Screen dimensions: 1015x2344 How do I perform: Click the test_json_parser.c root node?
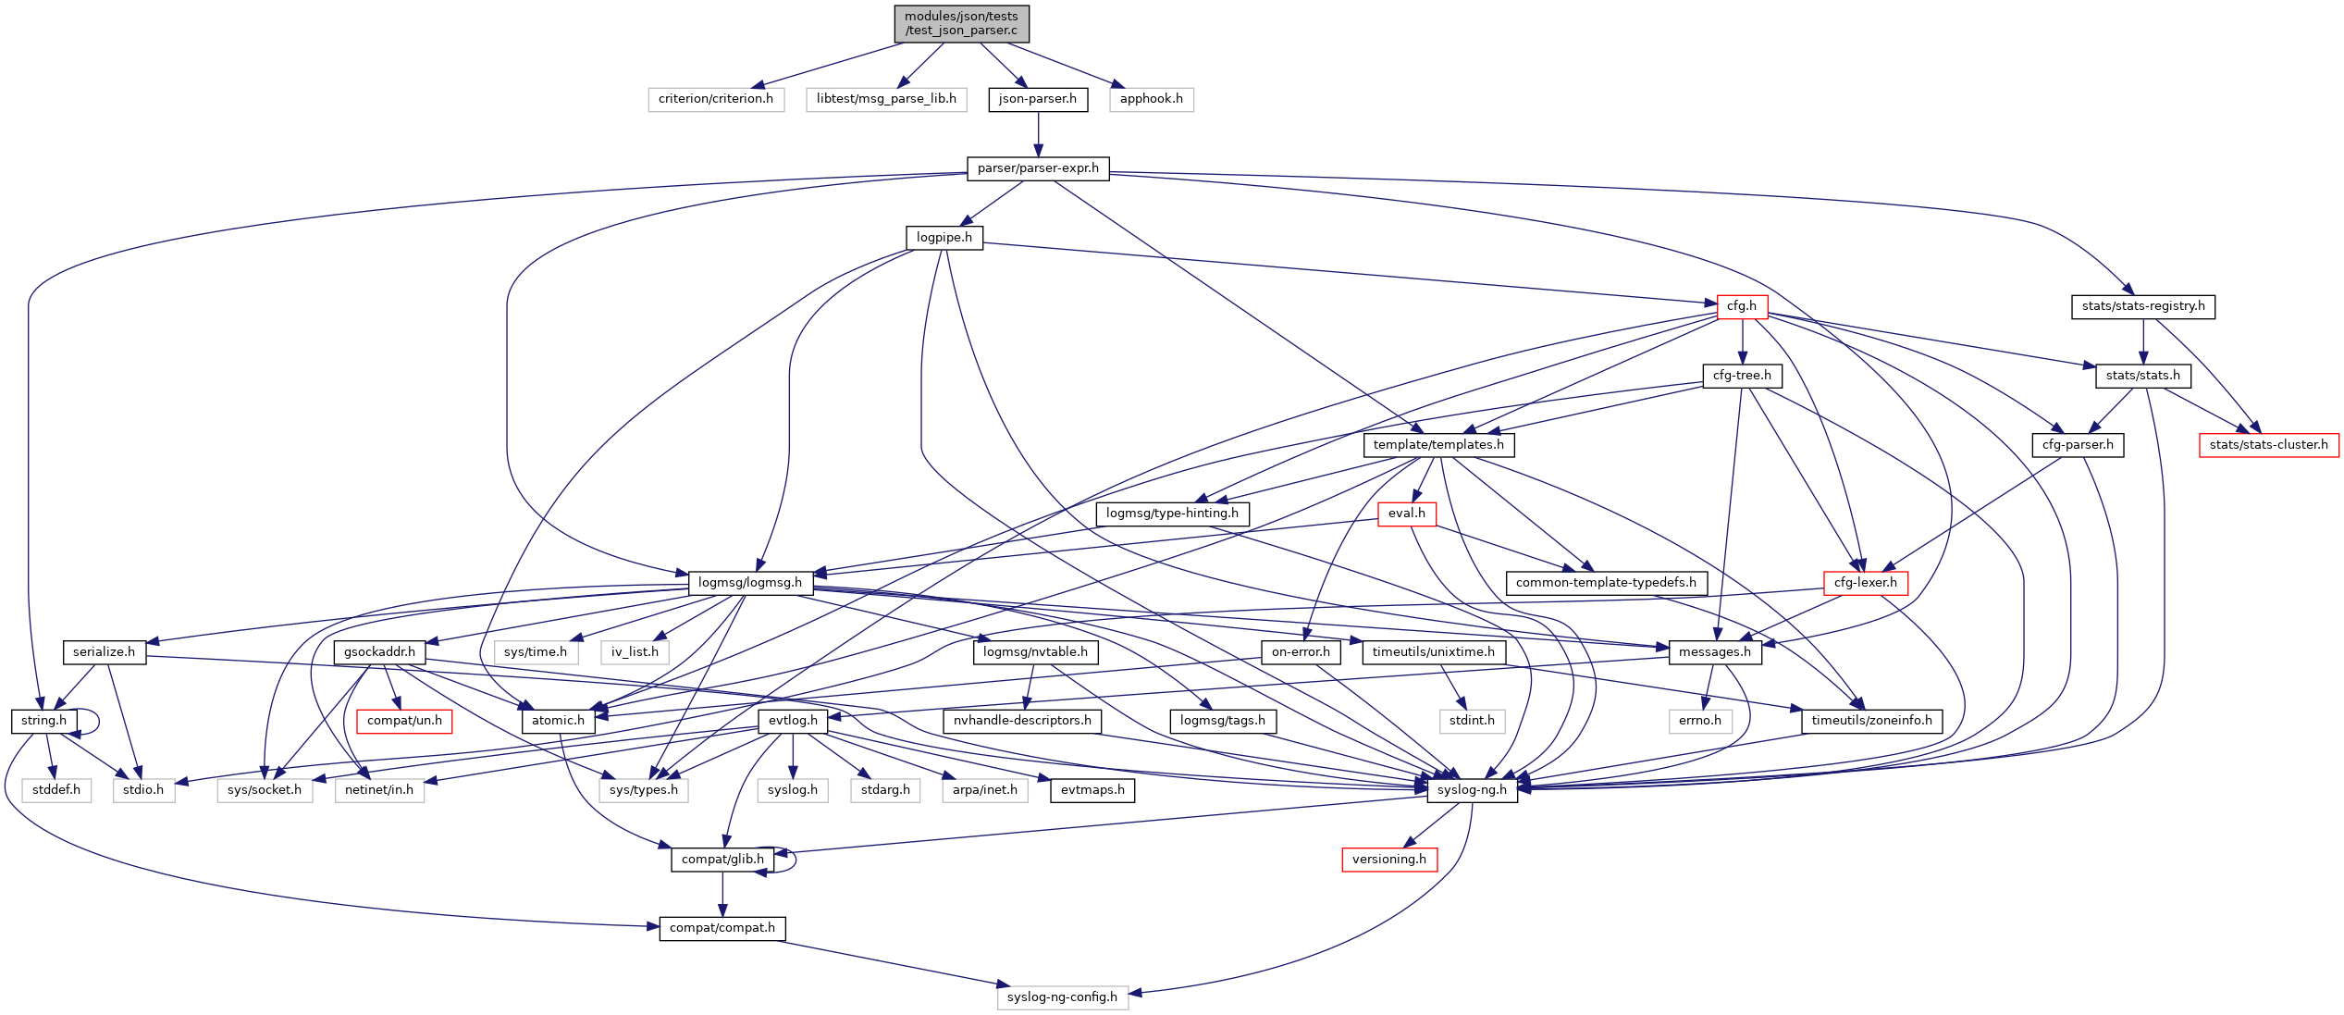pyautogui.click(x=961, y=23)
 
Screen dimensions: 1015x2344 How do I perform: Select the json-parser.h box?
pyautogui.click(x=1037, y=99)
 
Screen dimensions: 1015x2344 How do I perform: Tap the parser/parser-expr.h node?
pyautogui.click(x=1038, y=168)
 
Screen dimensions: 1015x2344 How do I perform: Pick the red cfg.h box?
pyautogui.click(x=1741, y=306)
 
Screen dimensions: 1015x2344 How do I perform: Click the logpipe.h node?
pyautogui.click(x=944, y=238)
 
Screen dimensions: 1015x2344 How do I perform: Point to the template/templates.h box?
pyautogui.click(x=1437, y=445)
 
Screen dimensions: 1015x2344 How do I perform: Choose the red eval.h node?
pyautogui.click(x=1406, y=514)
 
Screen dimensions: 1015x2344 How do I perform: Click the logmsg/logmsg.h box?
pyautogui.click(x=749, y=583)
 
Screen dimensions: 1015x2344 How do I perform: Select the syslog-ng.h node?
pyautogui.click(x=1472, y=790)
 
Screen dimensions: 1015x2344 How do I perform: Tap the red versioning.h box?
pyautogui.click(x=1388, y=860)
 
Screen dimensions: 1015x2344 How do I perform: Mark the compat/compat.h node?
pyautogui.click(x=722, y=928)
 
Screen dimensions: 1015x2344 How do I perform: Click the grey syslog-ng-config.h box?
pyautogui.click(x=1062, y=997)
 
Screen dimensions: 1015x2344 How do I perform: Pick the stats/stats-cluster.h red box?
pyautogui.click(x=2268, y=445)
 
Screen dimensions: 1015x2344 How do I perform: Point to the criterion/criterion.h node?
pyautogui.click(x=715, y=99)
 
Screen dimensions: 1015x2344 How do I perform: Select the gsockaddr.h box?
pyautogui.click(x=379, y=652)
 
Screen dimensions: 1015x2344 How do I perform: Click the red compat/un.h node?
pyautogui.click(x=404, y=721)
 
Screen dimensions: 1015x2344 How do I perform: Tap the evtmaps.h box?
pyautogui.click(x=1092, y=790)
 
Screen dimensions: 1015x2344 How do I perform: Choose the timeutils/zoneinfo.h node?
pyautogui.click(x=1871, y=721)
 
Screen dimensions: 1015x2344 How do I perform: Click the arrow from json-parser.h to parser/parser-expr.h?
pyautogui.click(x=1038, y=134)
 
